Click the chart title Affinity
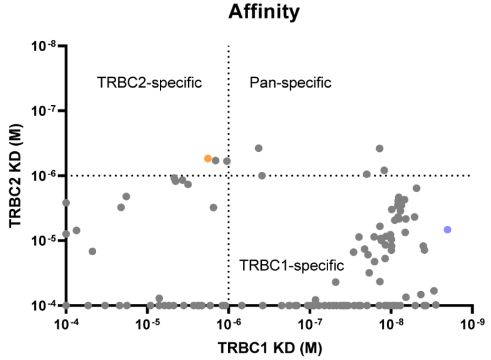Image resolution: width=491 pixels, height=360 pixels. tap(264, 13)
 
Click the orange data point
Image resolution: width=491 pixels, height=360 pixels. tap(208, 158)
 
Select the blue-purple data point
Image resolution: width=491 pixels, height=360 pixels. tap(447, 230)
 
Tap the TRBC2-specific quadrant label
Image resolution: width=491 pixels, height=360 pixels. tap(150, 83)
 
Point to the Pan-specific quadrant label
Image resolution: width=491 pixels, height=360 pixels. tap(290, 83)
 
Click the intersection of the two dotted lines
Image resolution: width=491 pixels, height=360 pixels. tap(229, 175)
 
